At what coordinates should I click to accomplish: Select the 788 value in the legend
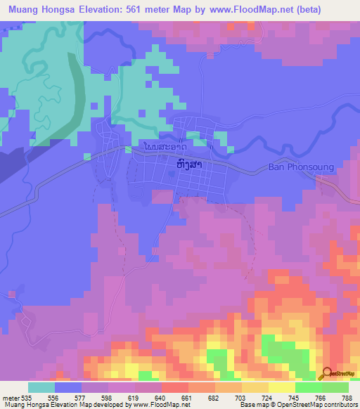(347, 396)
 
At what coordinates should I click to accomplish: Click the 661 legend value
(187, 396)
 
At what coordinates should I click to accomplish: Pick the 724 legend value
(267, 396)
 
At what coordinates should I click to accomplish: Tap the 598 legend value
(107, 396)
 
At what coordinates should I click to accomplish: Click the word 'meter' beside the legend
(10, 396)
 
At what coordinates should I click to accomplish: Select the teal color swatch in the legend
(41, 387)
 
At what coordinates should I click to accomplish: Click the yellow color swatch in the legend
(255, 387)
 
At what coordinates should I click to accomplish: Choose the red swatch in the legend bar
(174, 387)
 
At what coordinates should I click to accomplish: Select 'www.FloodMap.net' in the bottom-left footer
(160, 404)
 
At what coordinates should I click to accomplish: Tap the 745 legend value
(294, 396)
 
